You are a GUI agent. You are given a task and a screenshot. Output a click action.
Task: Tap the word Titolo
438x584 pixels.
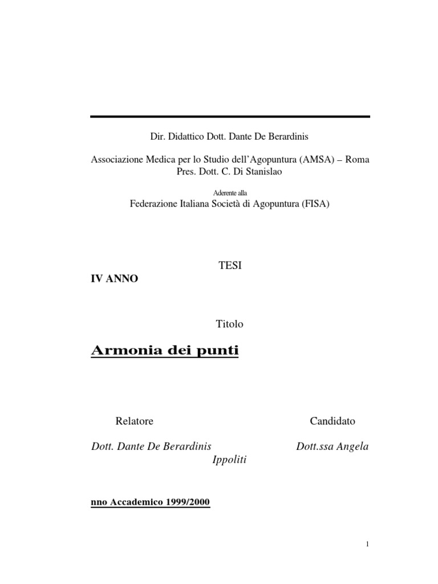coord(230,323)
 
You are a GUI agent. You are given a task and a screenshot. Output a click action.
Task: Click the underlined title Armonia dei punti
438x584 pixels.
coord(165,351)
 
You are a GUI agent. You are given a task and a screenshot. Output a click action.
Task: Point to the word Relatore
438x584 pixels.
coord(135,421)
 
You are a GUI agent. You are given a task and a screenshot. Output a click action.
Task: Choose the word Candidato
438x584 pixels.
coord(332,421)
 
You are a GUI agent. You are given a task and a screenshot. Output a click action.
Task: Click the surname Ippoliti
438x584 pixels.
coord(229,460)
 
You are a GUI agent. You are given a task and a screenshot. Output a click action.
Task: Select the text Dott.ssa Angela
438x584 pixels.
coord(332,447)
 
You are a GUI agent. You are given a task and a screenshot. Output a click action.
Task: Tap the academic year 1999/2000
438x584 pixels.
coord(188,502)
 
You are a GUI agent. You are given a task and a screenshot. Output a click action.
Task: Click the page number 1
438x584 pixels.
coord(368,545)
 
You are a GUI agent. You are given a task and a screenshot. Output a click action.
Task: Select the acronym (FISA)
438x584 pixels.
coord(316,204)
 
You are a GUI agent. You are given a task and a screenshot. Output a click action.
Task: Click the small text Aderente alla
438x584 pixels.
coord(230,193)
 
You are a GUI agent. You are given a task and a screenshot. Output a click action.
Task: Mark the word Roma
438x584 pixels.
coord(357,160)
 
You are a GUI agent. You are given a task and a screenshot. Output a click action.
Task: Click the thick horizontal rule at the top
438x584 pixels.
coord(230,117)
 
